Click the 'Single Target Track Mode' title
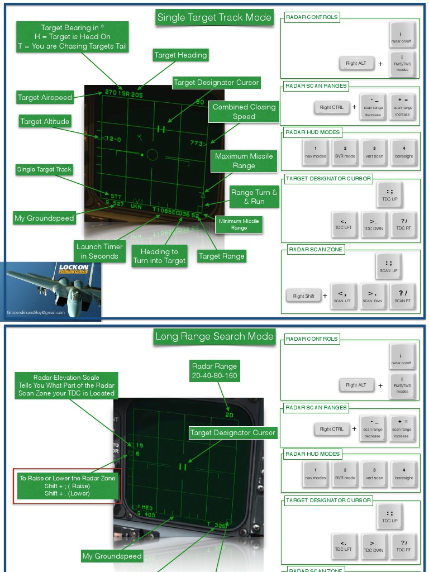pos(214,17)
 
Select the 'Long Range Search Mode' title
pos(214,336)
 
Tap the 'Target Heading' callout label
pos(180,55)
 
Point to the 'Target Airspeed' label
pos(45,97)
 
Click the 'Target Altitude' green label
pos(45,121)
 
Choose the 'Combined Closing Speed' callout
pos(244,112)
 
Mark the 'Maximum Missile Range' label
pos(244,161)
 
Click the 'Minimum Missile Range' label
pos(239,225)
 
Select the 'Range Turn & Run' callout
pos(254,197)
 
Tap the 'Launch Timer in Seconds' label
pos(99,251)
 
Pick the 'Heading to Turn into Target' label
pos(159,256)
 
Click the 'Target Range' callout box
pos(222,256)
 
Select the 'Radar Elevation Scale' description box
pos(66,385)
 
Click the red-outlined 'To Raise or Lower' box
pos(67,486)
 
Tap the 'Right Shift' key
pos(303,296)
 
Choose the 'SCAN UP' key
pos(389,265)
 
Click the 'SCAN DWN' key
pos(374,295)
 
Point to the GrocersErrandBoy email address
pos(36,312)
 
